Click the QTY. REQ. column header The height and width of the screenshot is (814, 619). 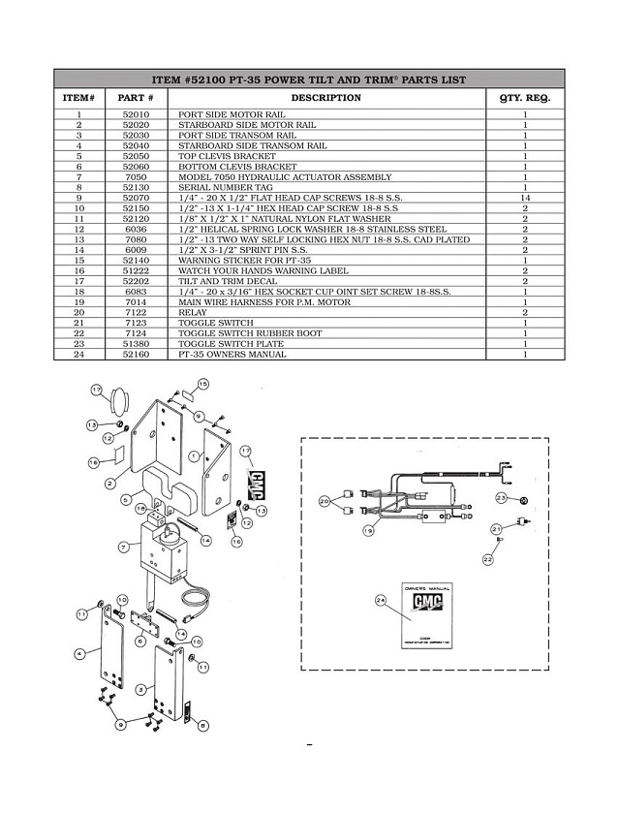pos(524,97)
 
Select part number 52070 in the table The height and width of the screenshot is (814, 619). pos(136,198)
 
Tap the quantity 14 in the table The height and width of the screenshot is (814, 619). pos(524,198)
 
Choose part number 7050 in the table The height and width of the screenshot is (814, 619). pos(136,176)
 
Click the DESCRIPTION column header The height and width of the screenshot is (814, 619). pos(325,97)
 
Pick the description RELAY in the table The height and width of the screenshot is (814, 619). pos(188,312)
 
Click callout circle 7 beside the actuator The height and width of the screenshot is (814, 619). pos(124,547)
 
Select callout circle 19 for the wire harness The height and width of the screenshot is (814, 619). pos(369,531)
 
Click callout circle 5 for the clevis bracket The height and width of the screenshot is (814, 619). pos(127,501)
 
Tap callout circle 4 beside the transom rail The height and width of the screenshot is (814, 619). pos(81,655)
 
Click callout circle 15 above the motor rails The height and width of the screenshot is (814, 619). pos(202,385)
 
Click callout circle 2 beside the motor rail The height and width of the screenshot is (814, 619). pos(110,482)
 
